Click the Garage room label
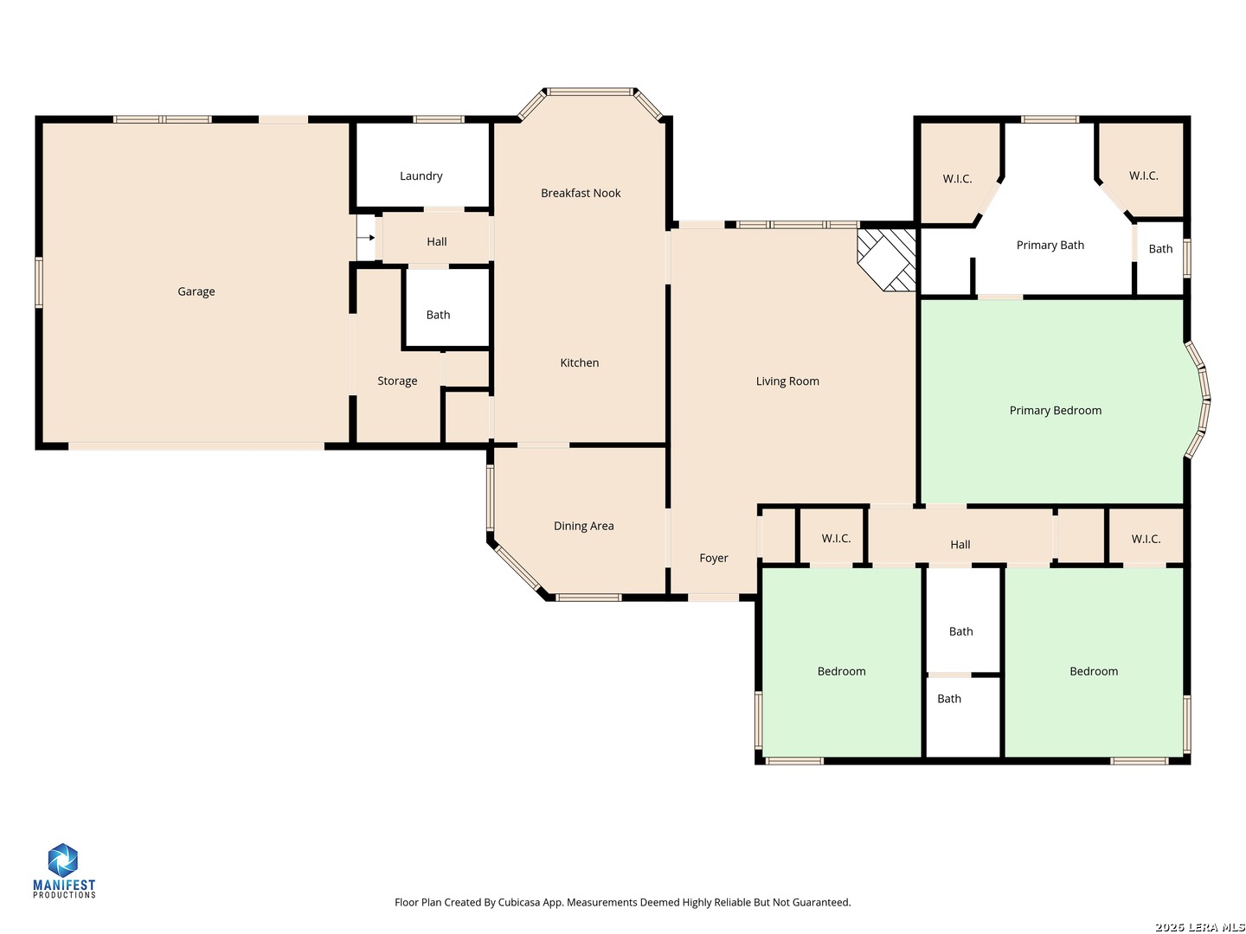pyautogui.click(x=196, y=291)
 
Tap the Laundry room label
pyautogui.click(x=421, y=176)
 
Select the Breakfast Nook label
pyautogui.click(x=580, y=193)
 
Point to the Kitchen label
pyautogui.click(x=579, y=362)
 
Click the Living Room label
pyautogui.click(x=787, y=381)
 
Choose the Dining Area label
pyautogui.click(x=583, y=526)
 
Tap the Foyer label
pyautogui.click(x=713, y=558)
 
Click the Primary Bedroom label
pyautogui.click(x=1055, y=411)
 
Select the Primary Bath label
pyautogui.click(x=1050, y=245)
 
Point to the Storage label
pyautogui.click(x=397, y=381)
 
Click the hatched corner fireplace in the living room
pyautogui.click(x=886, y=259)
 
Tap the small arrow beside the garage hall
pyautogui.click(x=365, y=238)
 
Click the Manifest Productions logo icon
pyautogui.click(x=62, y=860)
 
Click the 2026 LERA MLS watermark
pyautogui.click(x=1199, y=926)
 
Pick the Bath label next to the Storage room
pyautogui.click(x=438, y=315)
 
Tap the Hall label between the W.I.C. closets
pyautogui.click(x=960, y=545)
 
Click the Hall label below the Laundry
pyautogui.click(x=436, y=241)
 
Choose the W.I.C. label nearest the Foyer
pyautogui.click(x=836, y=538)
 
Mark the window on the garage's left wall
pyautogui.click(x=39, y=283)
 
